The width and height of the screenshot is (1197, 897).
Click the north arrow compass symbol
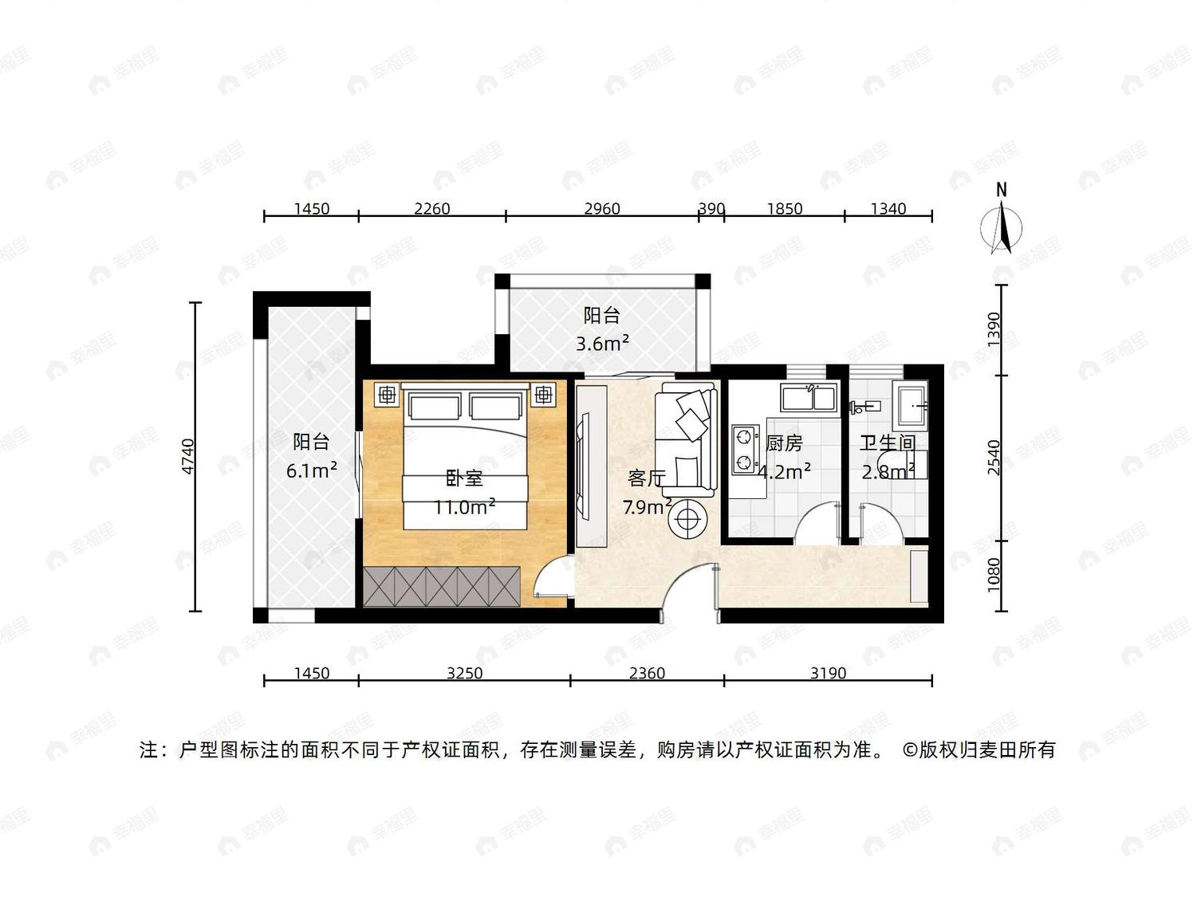coord(1002,228)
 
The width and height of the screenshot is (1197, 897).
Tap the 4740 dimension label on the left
coord(187,456)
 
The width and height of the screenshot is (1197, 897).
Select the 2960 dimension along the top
coord(602,209)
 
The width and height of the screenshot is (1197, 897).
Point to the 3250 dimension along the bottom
coord(465,674)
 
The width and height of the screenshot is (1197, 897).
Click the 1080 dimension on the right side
coord(994,573)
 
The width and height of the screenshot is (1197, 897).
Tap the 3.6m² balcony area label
coord(603,344)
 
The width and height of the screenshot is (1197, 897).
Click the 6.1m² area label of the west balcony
coord(311,470)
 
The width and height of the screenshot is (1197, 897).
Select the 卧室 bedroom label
coord(465,478)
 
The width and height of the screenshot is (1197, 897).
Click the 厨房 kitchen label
coord(784,443)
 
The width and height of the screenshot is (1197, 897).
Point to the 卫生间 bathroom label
coord(888,443)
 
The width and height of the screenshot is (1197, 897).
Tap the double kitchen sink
coord(809,398)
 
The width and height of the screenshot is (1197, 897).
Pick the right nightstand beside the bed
coord(543,394)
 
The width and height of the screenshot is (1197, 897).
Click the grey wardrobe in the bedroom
coord(443,586)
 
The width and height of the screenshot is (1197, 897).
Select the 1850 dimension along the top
coord(785,209)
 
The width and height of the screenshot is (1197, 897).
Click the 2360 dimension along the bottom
coord(647,674)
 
